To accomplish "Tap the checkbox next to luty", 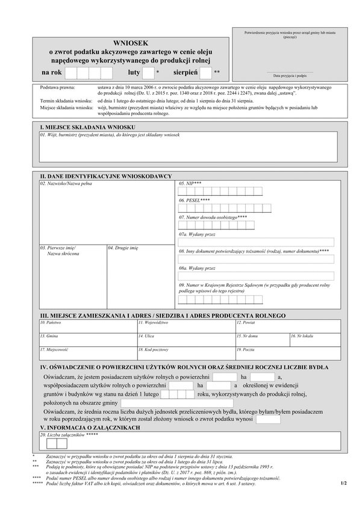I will pos(148,73).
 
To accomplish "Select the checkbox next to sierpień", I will pos(206,73).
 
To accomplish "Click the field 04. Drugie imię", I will pos(140,277).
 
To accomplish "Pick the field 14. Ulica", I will pos(184,340).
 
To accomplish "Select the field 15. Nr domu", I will pos(261,340).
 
